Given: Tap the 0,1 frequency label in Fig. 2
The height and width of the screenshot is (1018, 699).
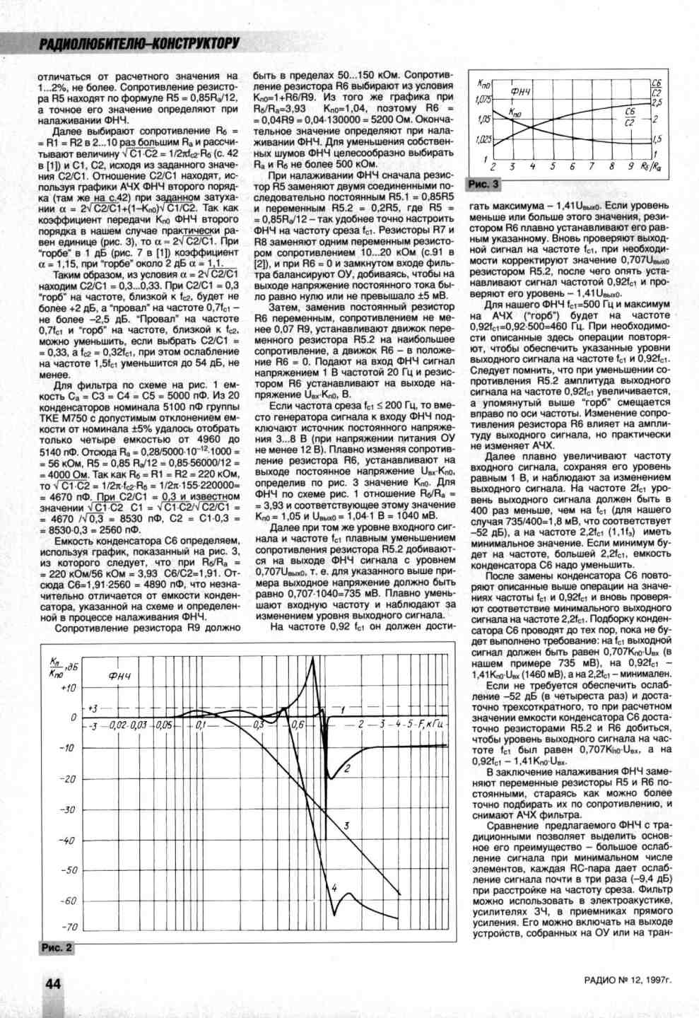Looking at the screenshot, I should [201, 725].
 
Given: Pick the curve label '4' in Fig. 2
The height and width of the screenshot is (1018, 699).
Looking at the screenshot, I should [334, 887].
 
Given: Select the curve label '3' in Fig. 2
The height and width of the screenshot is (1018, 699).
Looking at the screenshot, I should [347, 825].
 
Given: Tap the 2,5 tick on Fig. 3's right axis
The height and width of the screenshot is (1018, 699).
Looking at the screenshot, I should [657, 103].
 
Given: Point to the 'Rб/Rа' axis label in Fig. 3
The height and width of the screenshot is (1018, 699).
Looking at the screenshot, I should [652, 167].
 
